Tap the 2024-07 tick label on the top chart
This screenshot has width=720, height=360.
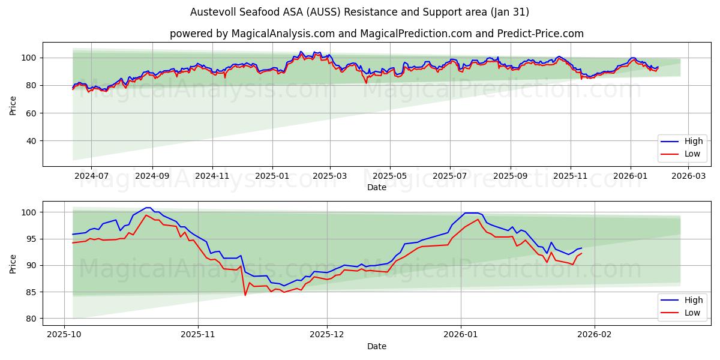pyautogui.click(x=91, y=176)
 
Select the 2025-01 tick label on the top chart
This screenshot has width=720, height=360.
pyautogui.click(x=272, y=176)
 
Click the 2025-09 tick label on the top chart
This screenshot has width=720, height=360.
pyautogui.click(x=511, y=176)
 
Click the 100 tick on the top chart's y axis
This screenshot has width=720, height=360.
pyautogui.click(x=29, y=58)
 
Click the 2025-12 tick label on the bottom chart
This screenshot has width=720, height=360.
pyautogui.click(x=327, y=335)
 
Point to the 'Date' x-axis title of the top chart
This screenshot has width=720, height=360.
pyautogui.click(x=376, y=188)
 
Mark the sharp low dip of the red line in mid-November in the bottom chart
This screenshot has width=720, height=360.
pyautogui.click(x=245, y=295)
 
